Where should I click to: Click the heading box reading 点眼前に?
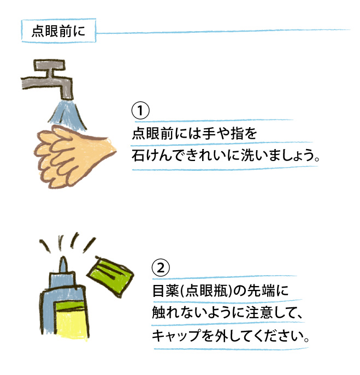click(58, 31)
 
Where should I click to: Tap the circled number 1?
click(140, 110)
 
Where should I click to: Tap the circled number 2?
click(161, 268)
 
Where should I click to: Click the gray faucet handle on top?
click(49, 65)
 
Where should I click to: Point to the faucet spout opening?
click(67, 98)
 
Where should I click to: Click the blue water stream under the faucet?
click(68, 114)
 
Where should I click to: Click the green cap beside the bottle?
click(110, 276)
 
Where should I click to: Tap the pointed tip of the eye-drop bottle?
click(63, 258)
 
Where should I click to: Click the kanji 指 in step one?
click(238, 133)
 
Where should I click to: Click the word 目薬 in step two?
click(166, 290)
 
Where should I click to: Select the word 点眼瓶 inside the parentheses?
click(206, 290)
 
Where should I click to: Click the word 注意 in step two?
click(259, 313)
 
